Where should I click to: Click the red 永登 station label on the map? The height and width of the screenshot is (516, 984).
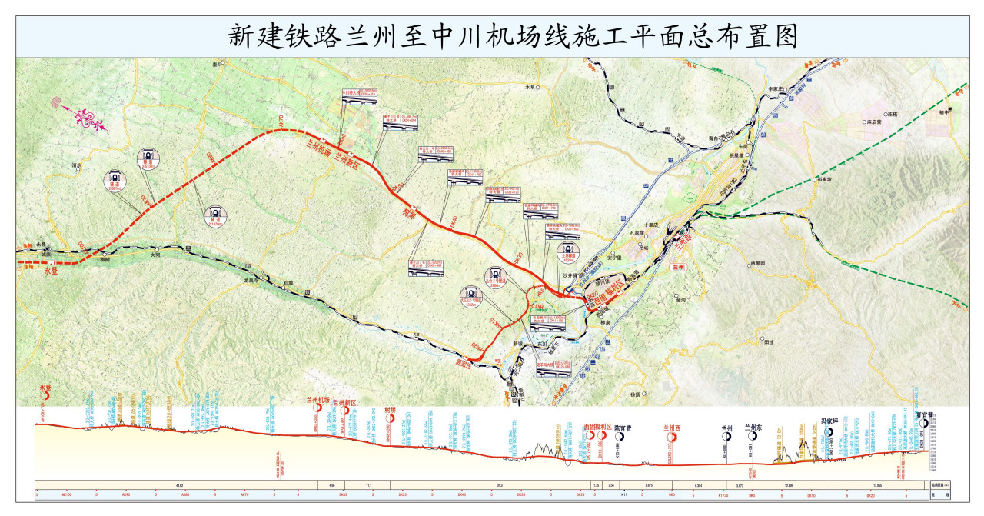tap(52, 271)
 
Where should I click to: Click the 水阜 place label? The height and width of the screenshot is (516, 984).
tap(530, 88)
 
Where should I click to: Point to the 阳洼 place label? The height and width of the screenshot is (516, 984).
tap(766, 341)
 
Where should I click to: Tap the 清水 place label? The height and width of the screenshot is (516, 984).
tap(75, 165)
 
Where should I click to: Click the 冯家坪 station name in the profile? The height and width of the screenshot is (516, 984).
tap(828, 421)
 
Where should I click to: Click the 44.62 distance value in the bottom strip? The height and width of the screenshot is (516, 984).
tap(179, 485)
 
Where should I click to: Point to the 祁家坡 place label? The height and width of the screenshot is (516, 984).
tap(825, 179)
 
